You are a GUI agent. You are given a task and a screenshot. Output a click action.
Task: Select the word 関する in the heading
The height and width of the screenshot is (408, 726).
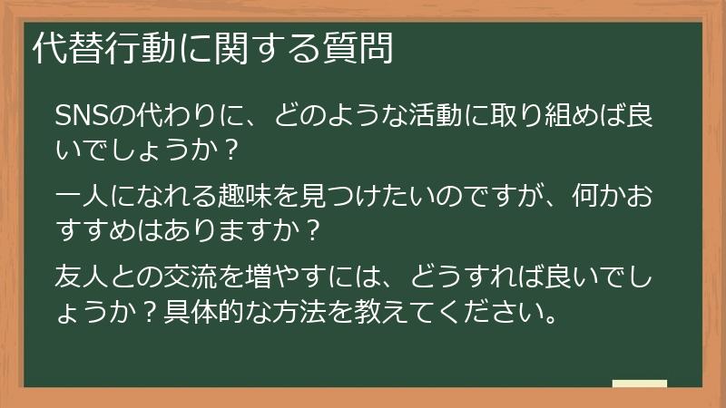tap(255, 49)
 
